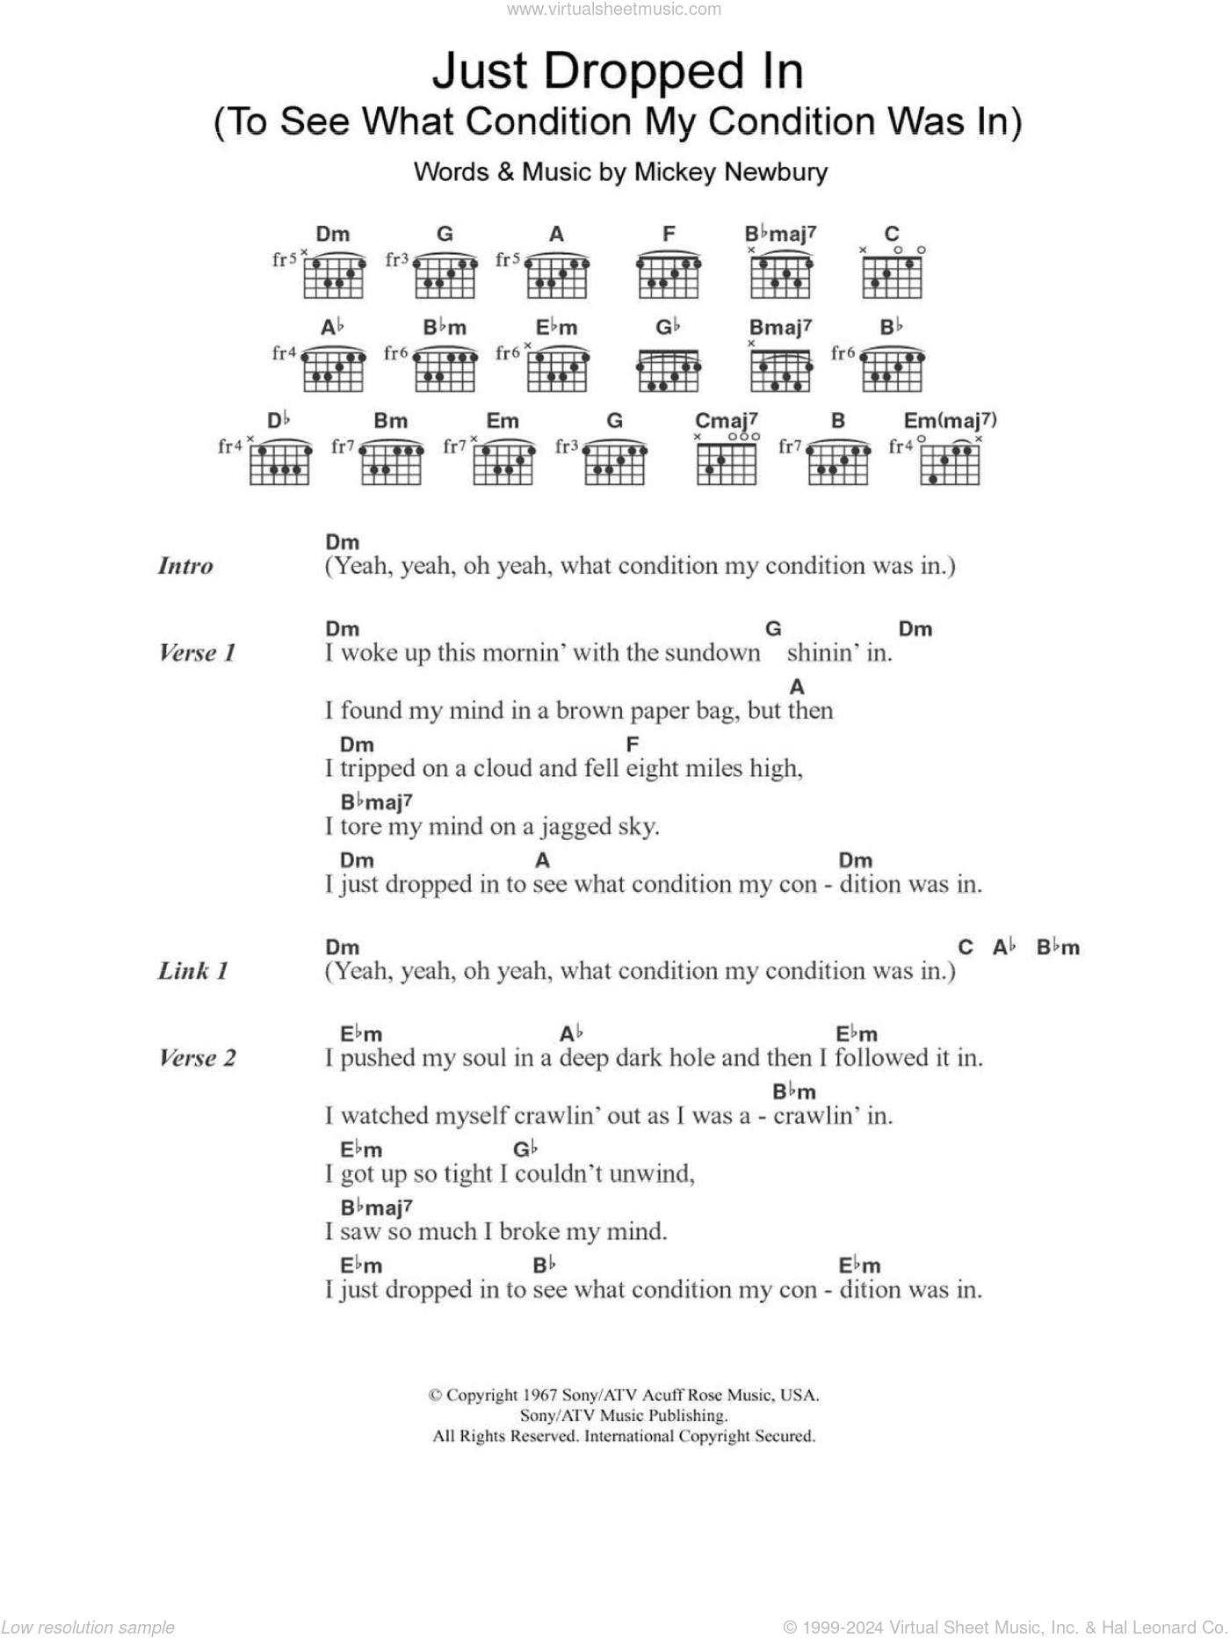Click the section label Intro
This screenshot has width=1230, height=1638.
click(x=185, y=566)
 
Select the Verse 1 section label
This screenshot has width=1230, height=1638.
click(x=197, y=653)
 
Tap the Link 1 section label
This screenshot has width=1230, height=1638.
click(x=193, y=971)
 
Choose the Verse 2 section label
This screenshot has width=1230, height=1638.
click(x=197, y=1058)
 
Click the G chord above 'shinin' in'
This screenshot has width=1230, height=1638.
click(x=773, y=628)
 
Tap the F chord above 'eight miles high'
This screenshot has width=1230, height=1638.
click(x=632, y=744)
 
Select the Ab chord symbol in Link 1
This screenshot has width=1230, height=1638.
click(x=1004, y=947)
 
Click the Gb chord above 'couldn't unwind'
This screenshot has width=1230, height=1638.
click(x=525, y=1149)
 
